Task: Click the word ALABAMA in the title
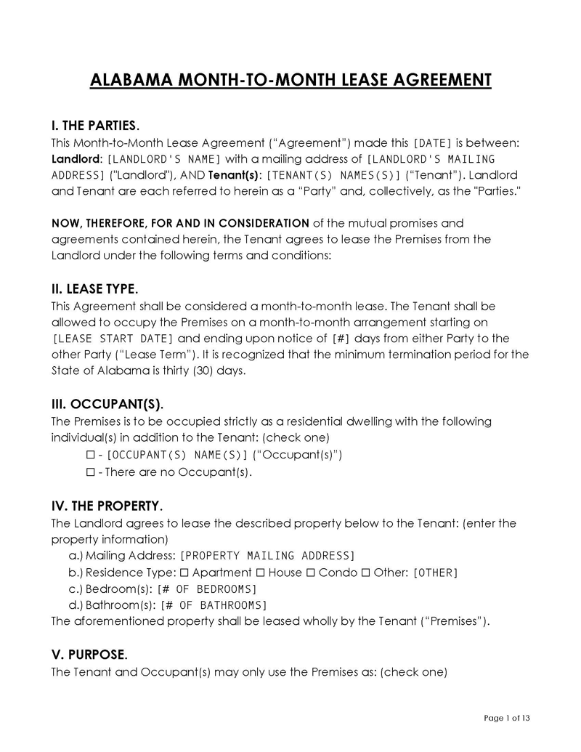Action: [x=128, y=79]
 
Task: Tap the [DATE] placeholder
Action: [x=433, y=143]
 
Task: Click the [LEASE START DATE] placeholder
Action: [x=113, y=338]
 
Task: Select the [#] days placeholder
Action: [x=341, y=338]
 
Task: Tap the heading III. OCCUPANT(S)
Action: [x=107, y=404]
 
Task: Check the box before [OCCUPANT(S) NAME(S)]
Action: [x=91, y=456]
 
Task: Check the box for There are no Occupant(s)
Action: [x=91, y=472]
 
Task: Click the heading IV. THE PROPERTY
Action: [x=107, y=506]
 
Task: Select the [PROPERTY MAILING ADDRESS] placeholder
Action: [x=267, y=556]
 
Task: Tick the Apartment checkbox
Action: [x=184, y=573]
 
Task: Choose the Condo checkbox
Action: [x=311, y=573]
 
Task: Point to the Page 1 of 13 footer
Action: [x=507, y=719]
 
